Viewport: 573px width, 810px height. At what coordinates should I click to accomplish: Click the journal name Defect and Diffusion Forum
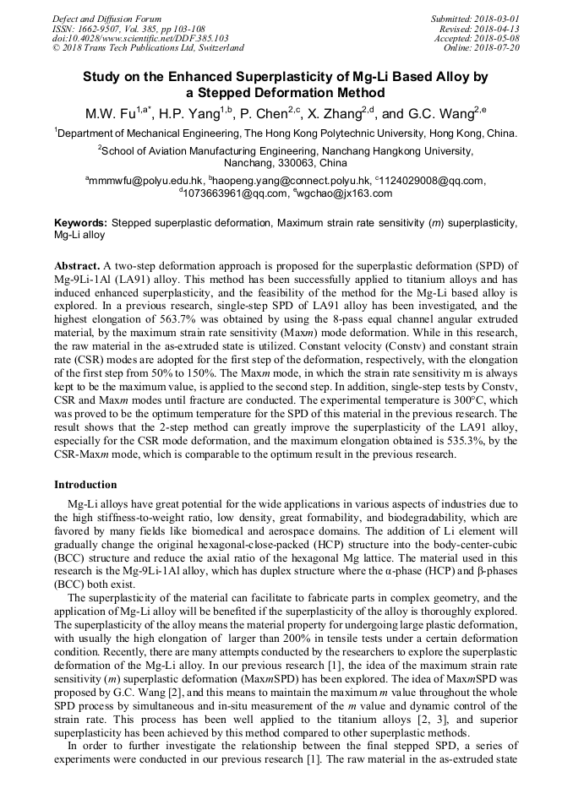[106, 19]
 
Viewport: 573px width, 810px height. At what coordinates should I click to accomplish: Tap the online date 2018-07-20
[498, 47]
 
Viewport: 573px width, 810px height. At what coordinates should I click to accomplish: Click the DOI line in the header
[140, 38]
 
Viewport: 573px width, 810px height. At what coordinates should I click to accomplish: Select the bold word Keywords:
[80, 223]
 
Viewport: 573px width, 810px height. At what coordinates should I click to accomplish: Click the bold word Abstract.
[77, 264]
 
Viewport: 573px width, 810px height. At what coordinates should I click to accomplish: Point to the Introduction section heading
[85, 485]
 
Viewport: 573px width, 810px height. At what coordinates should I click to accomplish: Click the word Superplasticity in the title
[309, 77]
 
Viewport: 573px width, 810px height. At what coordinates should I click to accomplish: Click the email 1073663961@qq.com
[232, 193]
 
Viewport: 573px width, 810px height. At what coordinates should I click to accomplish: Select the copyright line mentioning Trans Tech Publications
[148, 47]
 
